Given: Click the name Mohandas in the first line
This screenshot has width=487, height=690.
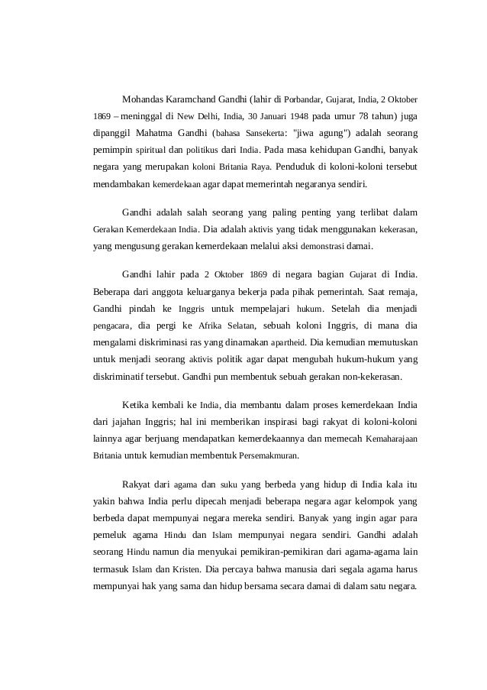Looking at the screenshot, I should pyautogui.click(x=145, y=99).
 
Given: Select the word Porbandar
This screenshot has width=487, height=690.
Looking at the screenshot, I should pyautogui.click(x=305, y=100).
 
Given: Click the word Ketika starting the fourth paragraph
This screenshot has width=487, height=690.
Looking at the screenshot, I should pyautogui.click(x=137, y=405).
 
